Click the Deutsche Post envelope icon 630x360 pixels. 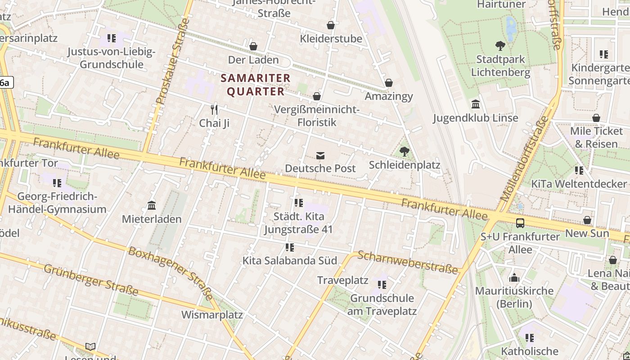[x=320, y=156]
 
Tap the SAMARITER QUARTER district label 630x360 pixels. [x=256, y=85]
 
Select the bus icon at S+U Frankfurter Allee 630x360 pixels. [x=520, y=223]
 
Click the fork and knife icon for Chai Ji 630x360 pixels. [x=215, y=109]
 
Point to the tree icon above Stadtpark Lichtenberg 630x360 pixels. [x=500, y=45]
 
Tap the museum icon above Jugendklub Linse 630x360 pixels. [x=476, y=104]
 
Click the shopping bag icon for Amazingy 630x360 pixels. [x=389, y=83]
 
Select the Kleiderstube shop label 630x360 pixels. [x=331, y=39]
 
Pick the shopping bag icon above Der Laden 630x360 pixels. [x=253, y=46]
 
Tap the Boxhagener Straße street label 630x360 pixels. [x=171, y=273]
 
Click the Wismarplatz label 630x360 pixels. [x=212, y=315]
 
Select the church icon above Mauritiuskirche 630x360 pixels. [x=514, y=277]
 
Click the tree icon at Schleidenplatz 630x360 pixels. [x=405, y=152]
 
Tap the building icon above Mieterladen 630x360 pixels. [x=152, y=205]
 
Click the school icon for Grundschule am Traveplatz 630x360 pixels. [x=382, y=285]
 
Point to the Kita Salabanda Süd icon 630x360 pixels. [x=290, y=247]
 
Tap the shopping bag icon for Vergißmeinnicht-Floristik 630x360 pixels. [x=317, y=96]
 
